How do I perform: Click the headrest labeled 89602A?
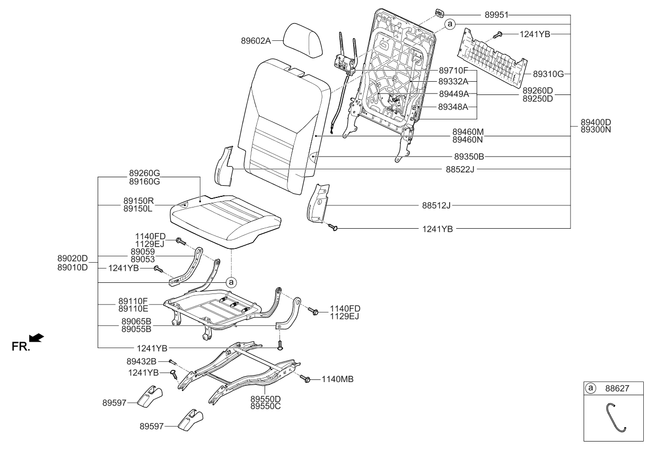(x=303, y=41)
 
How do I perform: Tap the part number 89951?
(x=496, y=15)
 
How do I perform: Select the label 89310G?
(x=548, y=74)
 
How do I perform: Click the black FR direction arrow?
(x=37, y=337)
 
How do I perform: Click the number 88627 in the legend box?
(x=618, y=388)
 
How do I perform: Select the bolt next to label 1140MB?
(x=306, y=379)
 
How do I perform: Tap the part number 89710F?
(x=453, y=70)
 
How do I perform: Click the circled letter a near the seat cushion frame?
(x=231, y=282)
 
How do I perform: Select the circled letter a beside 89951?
(x=449, y=24)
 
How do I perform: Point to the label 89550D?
(x=265, y=398)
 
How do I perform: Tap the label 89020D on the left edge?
(x=72, y=258)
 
